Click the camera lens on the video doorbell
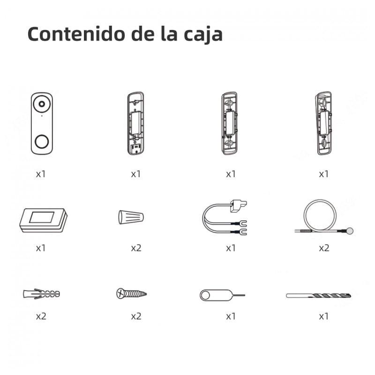pyautogui.click(x=42, y=103)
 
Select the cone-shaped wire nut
pyautogui.click(x=130, y=217)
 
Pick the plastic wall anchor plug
pyautogui.click(x=41, y=294)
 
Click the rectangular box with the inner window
pyautogui.click(x=43, y=219)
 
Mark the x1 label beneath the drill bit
pyautogui.click(x=323, y=316)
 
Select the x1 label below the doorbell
pyautogui.click(x=41, y=174)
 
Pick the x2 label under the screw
pyautogui.click(x=136, y=316)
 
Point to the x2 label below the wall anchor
pyautogui.click(x=41, y=316)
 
